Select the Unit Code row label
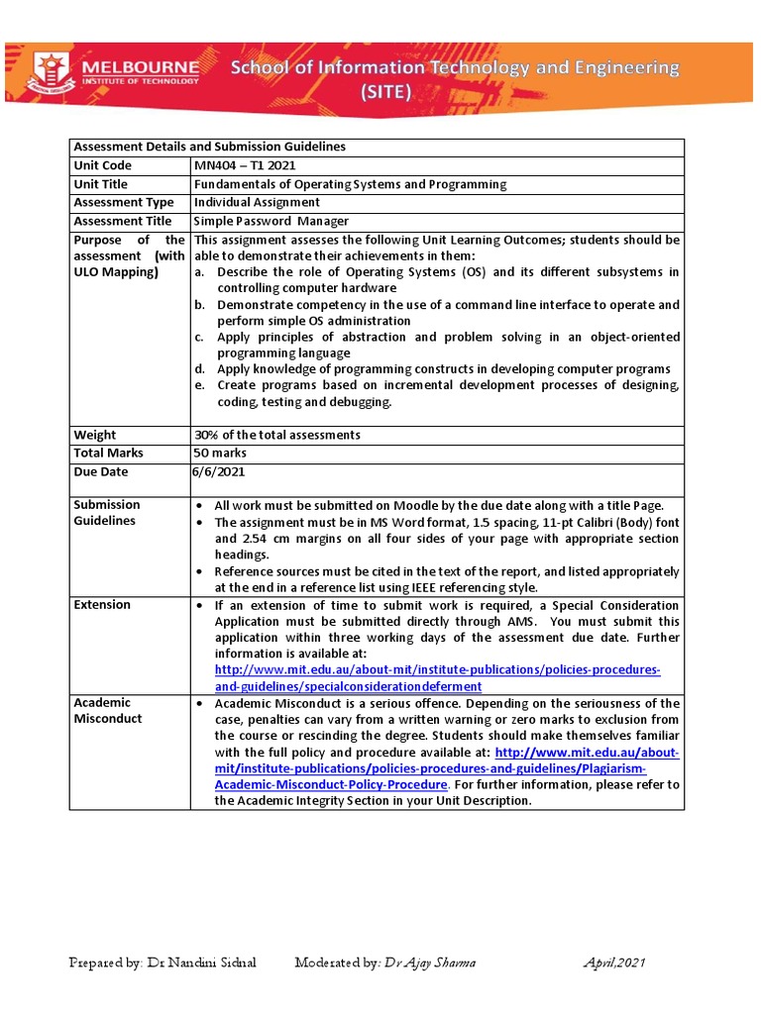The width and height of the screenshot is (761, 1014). (x=102, y=165)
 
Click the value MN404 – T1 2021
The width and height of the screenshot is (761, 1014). (x=244, y=165)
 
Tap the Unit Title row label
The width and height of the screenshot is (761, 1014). (x=101, y=184)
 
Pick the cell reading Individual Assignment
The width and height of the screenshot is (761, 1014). (x=256, y=202)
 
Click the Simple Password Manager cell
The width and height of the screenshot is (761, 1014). (x=271, y=221)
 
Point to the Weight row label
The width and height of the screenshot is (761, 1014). (x=94, y=435)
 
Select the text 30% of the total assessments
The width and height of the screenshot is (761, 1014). (x=276, y=435)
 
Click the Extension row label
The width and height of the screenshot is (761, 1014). (x=102, y=604)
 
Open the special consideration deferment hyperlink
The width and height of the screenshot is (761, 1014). (x=437, y=678)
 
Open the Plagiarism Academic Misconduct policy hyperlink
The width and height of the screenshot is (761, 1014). (x=446, y=768)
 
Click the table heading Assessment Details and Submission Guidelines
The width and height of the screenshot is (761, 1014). (x=209, y=147)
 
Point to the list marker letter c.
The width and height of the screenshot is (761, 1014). (x=197, y=337)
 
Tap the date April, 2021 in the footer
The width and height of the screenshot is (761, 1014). (x=612, y=963)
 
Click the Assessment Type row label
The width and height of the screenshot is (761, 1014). (x=123, y=202)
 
